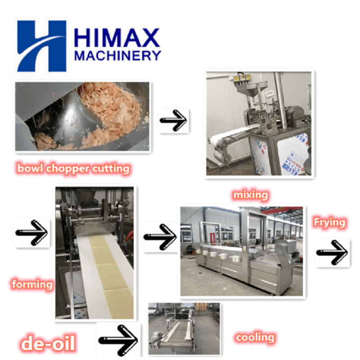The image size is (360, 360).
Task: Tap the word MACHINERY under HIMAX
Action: coord(117,56)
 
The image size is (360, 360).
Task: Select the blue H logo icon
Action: coord(41,46)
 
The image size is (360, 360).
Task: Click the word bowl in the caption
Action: coord(28,169)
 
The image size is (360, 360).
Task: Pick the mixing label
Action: coord(250,195)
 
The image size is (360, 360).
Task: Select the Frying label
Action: coord(329,222)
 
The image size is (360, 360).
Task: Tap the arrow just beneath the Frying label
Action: coord(332,252)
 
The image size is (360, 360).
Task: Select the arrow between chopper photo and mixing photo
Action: coord(174,121)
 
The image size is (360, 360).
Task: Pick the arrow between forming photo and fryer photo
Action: coord(160,236)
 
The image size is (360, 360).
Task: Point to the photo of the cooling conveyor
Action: coord(184,329)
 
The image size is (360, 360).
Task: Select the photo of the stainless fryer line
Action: coord(242,251)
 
